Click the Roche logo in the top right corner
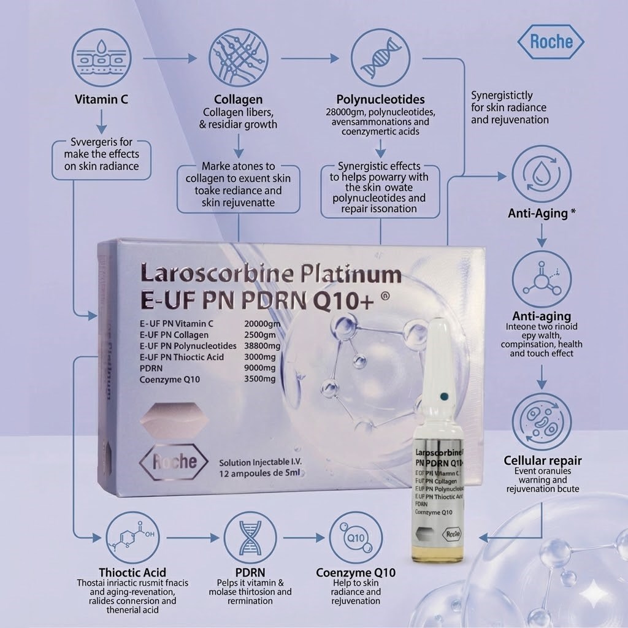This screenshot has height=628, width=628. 551,42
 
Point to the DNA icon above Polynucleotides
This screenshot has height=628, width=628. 380,59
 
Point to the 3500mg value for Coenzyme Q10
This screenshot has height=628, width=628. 260,379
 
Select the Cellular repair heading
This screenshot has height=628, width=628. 542,461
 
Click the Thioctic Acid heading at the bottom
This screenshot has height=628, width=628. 132,573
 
